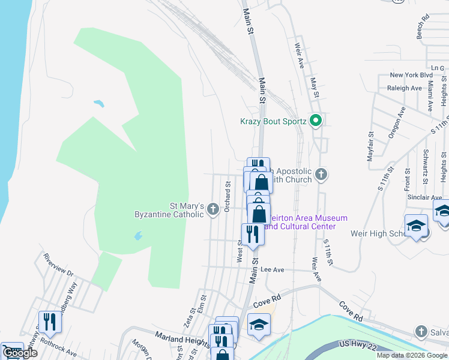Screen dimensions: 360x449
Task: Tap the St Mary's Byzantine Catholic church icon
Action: [x=213, y=209]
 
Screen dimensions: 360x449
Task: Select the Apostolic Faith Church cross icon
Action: [x=321, y=175]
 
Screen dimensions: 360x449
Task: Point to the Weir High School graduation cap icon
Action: [x=416, y=226]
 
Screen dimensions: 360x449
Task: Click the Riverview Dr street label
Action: [x=58, y=264]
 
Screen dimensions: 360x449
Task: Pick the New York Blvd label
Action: [x=411, y=75]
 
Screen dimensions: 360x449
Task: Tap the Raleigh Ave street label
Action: [x=405, y=88]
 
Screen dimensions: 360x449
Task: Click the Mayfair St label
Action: [x=370, y=146]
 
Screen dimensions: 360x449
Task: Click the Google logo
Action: [x=20, y=353]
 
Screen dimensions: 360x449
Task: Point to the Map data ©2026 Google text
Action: [x=412, y=355]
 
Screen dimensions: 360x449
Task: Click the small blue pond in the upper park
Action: [x=99, y=103]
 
